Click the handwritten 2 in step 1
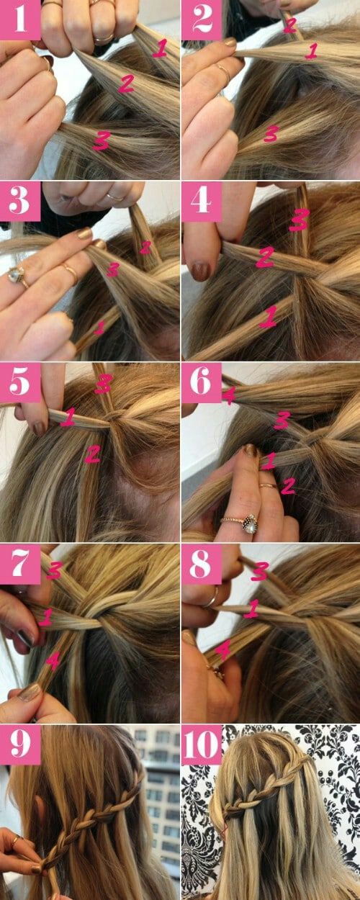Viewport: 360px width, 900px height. click(125, 84)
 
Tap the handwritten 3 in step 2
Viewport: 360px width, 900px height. click(271, 132)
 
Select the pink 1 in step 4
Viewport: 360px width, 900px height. click(268, 316)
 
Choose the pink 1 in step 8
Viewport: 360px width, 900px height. click(251, 610)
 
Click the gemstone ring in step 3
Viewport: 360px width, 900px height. click(17, 276)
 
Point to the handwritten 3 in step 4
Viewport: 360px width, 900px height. click(299, 220)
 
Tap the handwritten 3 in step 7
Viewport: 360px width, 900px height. click(55, 572)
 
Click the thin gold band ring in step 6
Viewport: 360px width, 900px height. click(267, 487)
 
